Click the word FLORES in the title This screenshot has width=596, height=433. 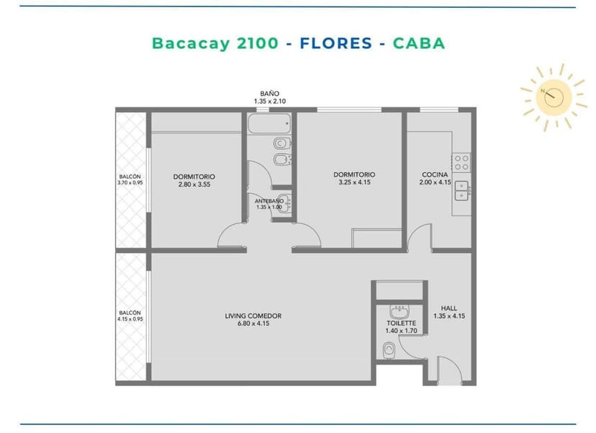335,43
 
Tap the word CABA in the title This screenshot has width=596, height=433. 419,43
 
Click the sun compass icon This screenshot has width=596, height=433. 554,97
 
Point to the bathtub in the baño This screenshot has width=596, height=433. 269,123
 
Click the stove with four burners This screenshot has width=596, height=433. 461,163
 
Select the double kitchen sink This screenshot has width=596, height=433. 462,191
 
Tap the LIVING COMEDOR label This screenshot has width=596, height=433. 253,316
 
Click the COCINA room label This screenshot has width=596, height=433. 435,174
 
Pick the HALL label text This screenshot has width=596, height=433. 449,308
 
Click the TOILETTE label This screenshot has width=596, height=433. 402,323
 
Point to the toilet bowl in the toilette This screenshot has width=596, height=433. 389,350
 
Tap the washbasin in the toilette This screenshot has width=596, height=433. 399,312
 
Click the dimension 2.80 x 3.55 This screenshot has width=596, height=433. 194,184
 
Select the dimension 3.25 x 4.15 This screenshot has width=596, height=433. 354,182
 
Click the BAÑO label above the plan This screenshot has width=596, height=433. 269,94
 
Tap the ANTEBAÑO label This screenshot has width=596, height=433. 269,201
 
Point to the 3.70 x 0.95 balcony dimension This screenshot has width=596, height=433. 130,182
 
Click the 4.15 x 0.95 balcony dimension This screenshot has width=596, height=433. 130,319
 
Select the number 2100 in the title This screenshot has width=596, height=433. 258,43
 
